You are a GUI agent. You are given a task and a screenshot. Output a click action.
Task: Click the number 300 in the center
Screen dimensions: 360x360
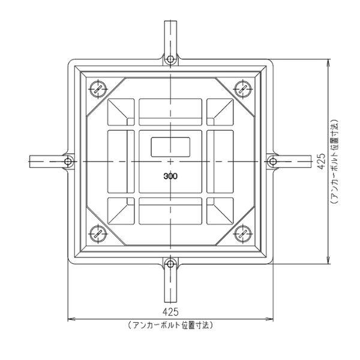tap(171, 177)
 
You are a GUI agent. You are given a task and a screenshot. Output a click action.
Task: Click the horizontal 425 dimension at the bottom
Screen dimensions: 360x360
tap(171, 311)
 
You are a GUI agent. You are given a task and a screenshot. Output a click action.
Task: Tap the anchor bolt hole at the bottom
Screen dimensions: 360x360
tap(171, 263)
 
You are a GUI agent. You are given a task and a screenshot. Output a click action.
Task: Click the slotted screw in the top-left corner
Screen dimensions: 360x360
tap(98, 88)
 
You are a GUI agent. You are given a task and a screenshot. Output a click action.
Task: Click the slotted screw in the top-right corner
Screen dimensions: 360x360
tap(244, 88)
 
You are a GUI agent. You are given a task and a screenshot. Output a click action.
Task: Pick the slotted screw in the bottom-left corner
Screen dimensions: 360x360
tap(98, 234)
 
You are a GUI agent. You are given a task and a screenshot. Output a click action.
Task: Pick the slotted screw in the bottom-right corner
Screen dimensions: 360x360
tap(244, 234)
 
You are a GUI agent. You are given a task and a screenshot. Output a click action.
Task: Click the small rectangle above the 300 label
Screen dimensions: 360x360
tap(171, 146)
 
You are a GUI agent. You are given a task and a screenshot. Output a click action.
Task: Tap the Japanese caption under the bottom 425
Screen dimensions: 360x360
tap(171, 325)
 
